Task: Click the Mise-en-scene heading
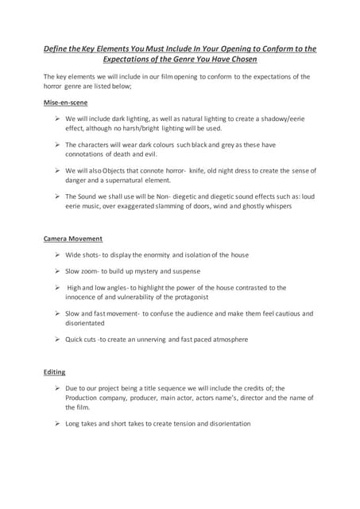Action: (x=65, y=103)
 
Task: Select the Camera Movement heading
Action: (x=72, y=239)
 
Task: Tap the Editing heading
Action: (x=54, y=371)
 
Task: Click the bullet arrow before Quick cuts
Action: (x=58, y=340)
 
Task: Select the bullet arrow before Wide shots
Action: (x=58, y=254)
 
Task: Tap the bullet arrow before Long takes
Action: (x=58, y=424)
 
